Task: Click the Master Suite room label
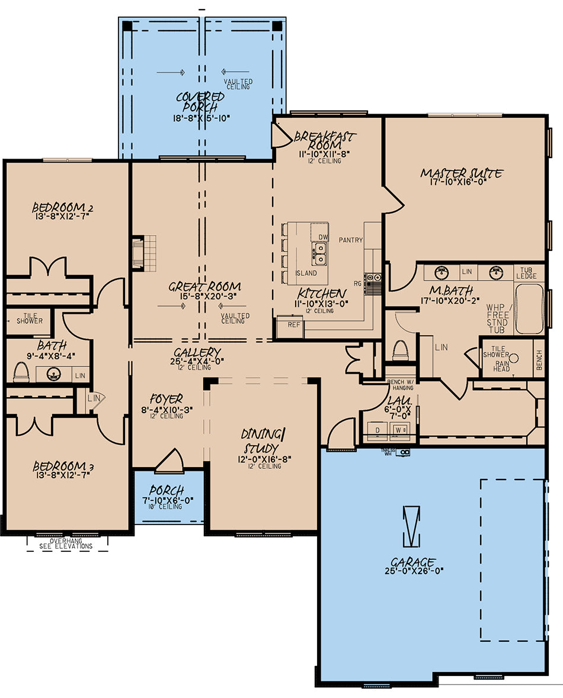(x=462, y=173)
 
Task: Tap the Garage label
(x=413, y=562)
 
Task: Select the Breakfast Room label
(x=325, y=140)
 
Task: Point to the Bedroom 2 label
(x=62, y=207)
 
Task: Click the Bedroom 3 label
(x=63, y=466)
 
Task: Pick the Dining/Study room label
(x=264, y=440)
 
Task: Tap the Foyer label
(x=166, y=398)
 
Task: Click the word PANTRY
(x=351, y=240)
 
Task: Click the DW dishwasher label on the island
(x=323, y=237)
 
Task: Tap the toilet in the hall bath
(x=21, y=372)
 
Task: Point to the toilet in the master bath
(x=400, y=350)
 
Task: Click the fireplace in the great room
(x=137, y=253)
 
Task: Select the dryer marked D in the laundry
(x=378, y=430)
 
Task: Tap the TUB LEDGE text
(x=526, y=273)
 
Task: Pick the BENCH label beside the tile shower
(x=539, y=360)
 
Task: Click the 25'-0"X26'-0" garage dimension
(x=414, y=571)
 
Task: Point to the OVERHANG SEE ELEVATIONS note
(x=66, y=543)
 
